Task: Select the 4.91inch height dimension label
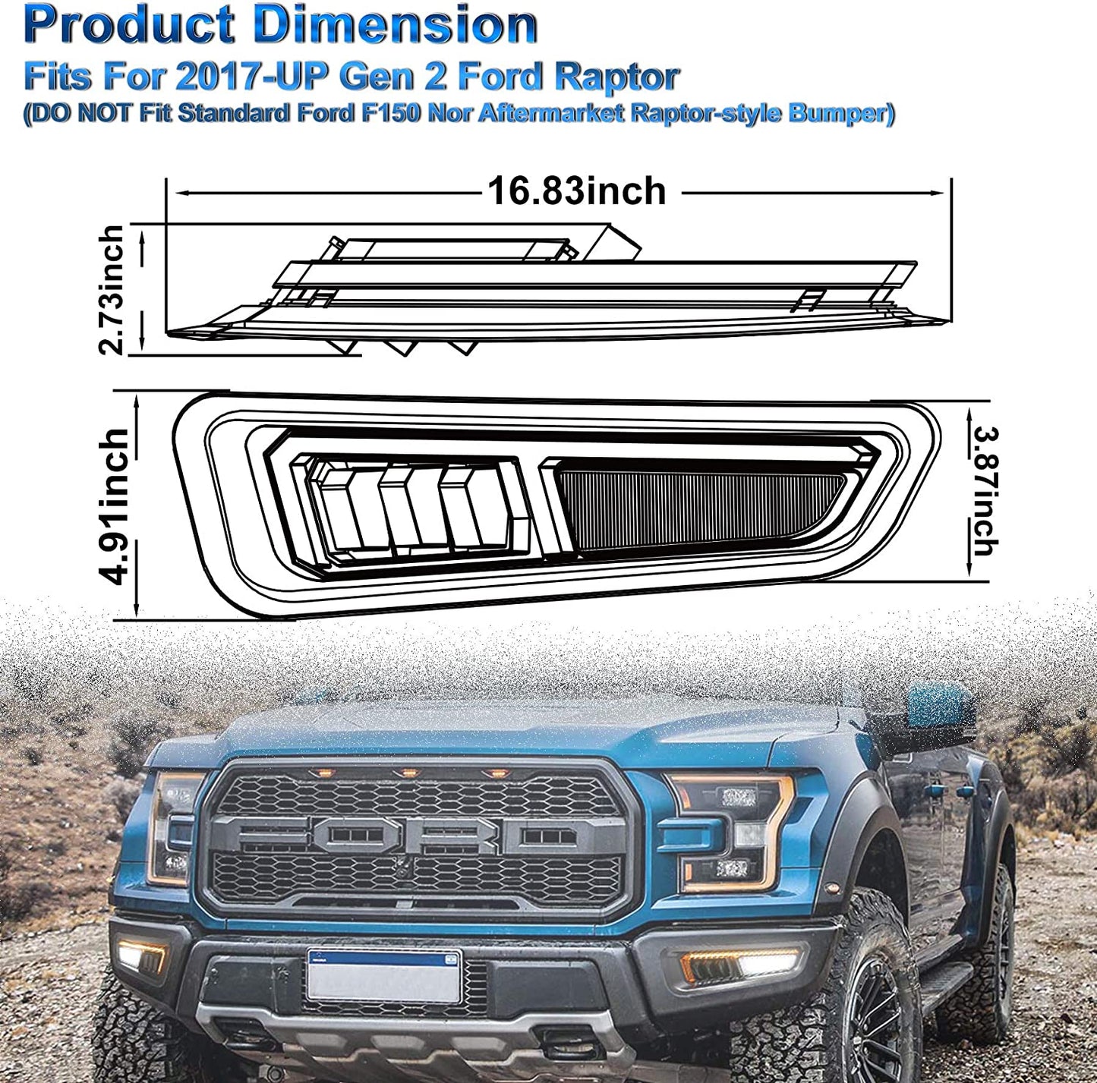(x=116, y=506)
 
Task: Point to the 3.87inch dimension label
(x=985, y=491)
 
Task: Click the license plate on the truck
(x=384, y=975)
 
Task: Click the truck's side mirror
(x=934, y=706)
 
